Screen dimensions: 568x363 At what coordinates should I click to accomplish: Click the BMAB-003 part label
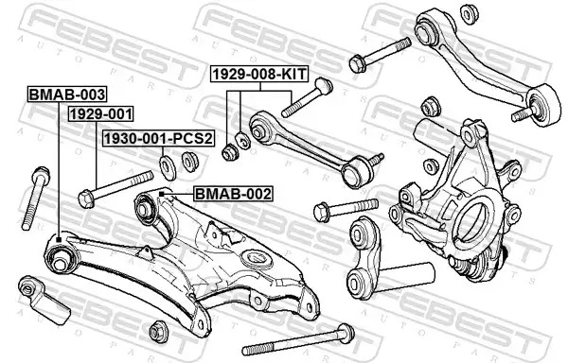(67, 95)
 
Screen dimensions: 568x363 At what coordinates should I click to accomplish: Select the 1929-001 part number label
(100, 113)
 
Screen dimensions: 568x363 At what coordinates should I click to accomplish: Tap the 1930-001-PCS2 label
(159, 138)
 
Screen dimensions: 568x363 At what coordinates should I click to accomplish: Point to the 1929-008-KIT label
(259, 74)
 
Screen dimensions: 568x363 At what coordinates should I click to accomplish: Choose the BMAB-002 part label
(233, 194)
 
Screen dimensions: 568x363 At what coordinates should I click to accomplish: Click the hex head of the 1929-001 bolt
(86, 199)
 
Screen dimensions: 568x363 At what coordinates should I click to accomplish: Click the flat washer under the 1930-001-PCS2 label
(168, 166)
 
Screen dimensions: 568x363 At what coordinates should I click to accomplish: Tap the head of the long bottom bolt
(346, 334)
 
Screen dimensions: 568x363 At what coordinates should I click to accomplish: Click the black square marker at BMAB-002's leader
(162, 194)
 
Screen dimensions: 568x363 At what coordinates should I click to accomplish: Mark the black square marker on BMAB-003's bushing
(59, 238)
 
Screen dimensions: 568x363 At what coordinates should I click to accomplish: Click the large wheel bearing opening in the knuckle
(471, 221)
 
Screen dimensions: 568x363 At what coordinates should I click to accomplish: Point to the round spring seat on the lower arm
(257, 259)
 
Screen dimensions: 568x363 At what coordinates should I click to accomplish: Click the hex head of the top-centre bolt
(358, 63)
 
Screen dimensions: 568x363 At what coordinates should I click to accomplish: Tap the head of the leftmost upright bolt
(41, 174)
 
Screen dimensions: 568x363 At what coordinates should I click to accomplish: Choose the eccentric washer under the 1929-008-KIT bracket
(241, 141)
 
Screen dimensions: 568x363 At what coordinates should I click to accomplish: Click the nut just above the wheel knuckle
(431, 106)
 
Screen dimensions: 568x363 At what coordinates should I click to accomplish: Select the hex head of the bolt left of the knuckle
(322, 213)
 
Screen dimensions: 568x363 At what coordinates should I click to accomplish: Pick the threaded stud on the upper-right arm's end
(522, 113)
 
